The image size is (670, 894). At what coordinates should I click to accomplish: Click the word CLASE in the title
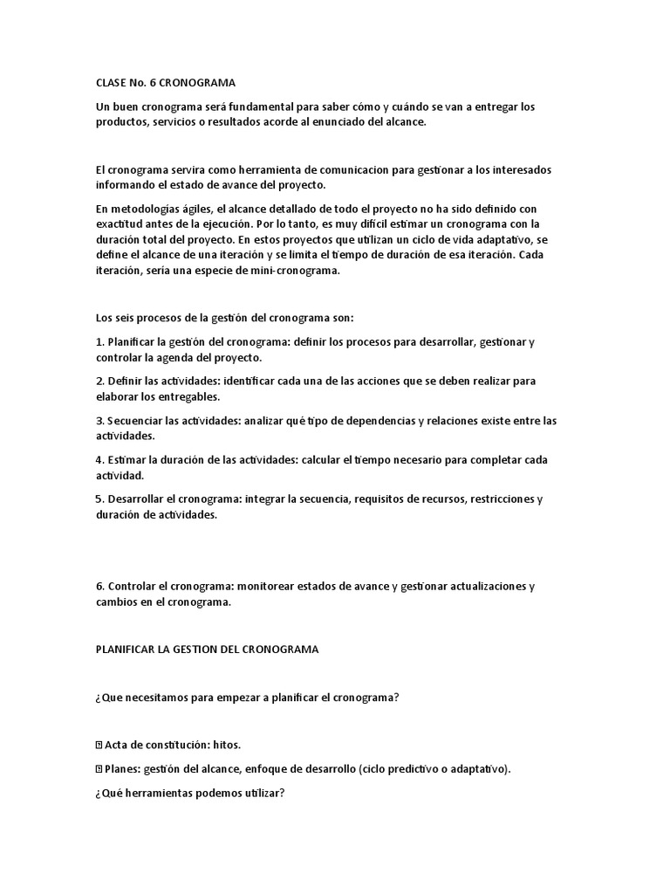[112, 82]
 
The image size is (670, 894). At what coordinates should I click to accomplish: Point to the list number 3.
[99, 421]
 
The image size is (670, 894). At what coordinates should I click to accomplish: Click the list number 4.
[99, 460]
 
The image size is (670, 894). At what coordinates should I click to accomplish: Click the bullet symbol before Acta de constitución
[99, 745]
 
